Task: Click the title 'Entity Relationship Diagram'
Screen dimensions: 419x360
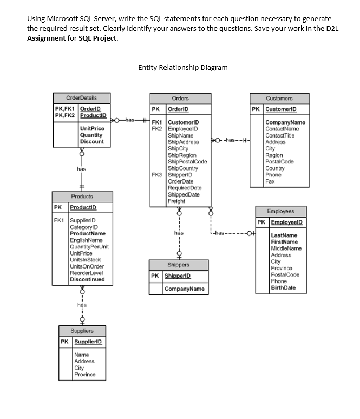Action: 182,68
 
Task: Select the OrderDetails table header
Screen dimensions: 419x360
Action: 81,98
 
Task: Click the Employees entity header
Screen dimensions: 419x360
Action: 280,212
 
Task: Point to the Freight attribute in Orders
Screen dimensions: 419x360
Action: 176,201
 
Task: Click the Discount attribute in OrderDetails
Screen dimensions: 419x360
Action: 92,142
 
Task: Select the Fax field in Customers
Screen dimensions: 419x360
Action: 270,181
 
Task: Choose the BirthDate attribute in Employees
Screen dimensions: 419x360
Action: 283,287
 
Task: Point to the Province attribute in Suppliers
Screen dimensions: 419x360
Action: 84,374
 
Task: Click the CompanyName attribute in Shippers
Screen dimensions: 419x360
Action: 185,289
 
